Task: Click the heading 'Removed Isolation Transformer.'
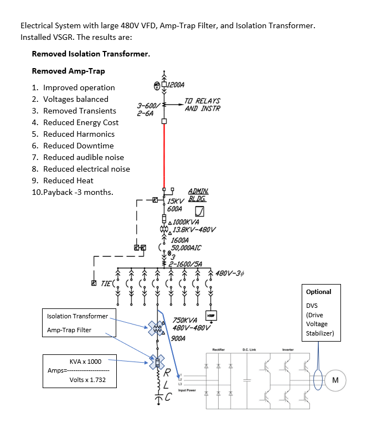pyautogui.click(x=91, y=54)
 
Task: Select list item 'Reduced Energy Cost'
pyautogui.click(x=81, y=122)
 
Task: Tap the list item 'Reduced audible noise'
pyautogui.click(x=84, y=157)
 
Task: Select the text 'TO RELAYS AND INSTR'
pyautogui.click(x=202, y=105)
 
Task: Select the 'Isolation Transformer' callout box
pyautogui.click(x=77, y=316)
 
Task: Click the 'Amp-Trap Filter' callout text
pyautogui.click(x=70, y=331)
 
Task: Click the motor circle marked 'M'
pyautogui.click(x=335, y=380)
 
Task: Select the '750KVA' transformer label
pyautogui.click(x=185, y=320)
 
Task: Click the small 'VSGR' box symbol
pyautogui.click(x=210, y=314)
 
